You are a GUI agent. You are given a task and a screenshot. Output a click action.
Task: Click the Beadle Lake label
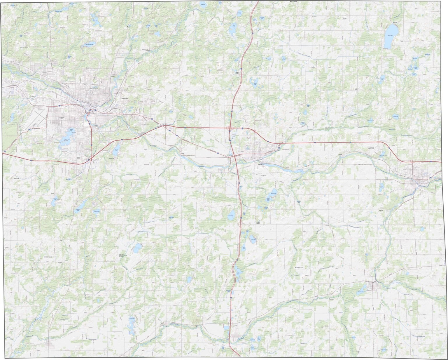[x=116, y=150]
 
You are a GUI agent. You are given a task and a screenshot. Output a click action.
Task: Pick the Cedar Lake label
[x=229, y=215]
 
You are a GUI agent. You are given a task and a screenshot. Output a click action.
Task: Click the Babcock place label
[x=381, y=210]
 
